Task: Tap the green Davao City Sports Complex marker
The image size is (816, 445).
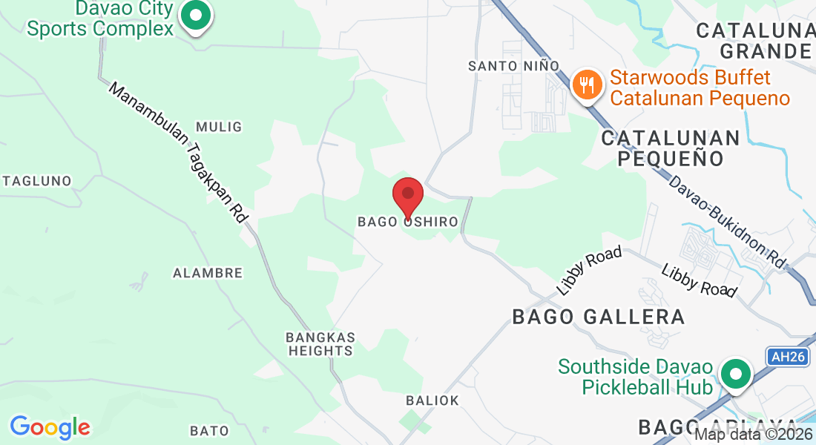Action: [196, 16]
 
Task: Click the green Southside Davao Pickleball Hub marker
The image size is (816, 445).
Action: [735, 375]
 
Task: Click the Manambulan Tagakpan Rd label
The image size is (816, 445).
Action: [178, 153]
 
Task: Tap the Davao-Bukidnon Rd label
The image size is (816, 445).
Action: [726, 221]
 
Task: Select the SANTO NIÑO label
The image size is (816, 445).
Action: [513, 66]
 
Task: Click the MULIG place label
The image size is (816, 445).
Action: [219, 127]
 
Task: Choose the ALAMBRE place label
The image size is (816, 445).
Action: [208, 273]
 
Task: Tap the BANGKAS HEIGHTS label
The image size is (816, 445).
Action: [320, 344]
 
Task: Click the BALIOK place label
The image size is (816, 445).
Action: [432, 400]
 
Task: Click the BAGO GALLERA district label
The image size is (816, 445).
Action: [599, 317]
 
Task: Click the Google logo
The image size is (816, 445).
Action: [50, 427]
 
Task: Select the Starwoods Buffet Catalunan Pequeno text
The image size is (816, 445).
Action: [700, 88]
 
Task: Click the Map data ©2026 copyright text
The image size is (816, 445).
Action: [752, 435]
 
